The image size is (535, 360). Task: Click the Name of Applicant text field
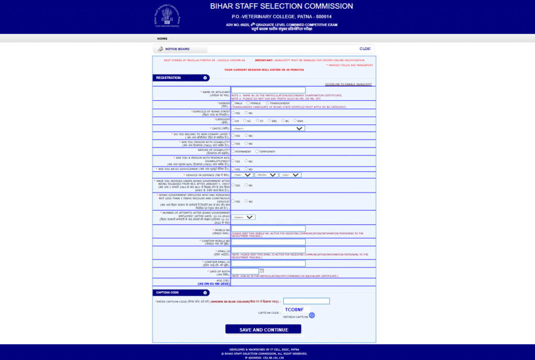coord(268,90)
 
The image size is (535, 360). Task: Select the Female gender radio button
coord(248,103)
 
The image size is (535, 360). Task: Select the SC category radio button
coord(245,120)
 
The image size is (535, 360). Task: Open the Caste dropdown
coord(268,128)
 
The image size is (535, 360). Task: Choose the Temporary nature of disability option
coord(257,151)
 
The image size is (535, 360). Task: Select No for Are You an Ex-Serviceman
coord(246,169)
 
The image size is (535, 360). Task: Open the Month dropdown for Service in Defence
coord(266,175)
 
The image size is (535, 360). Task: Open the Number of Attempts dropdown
coord(243,217)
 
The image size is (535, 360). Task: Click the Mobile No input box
coord(268,229)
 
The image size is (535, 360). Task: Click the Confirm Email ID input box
coord(268,263)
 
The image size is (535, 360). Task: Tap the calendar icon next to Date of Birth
coord(262,270)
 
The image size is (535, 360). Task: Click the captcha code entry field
coord(306,301)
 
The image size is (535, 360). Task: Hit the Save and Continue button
coord(263,330)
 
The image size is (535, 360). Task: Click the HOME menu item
coord(162,39)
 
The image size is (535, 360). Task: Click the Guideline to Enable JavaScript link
coord(348,84)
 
